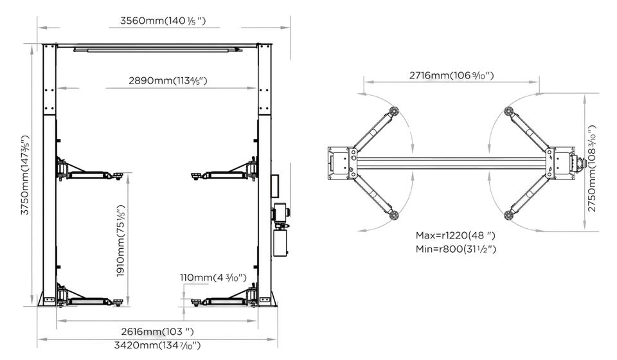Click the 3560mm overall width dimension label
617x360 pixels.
coord(163,21)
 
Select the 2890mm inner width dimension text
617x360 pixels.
coord(168,80)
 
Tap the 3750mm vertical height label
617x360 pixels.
coord(25,175)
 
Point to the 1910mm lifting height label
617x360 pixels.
coord(121,241)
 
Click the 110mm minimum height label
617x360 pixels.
coord(213,278)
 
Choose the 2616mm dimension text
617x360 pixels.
coord(157,332)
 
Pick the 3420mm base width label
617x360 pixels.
coord(157,345)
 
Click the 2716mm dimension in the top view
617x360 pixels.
coord(451,75)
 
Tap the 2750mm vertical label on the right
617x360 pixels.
coord(592,169)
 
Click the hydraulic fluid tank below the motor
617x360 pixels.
coord(281,243)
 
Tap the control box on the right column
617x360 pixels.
coord(274,186)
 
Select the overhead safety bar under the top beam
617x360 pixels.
coord(158,50)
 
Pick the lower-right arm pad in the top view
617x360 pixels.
coord(509,215)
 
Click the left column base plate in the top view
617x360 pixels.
coord(338,163)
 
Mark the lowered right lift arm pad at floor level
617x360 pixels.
coord(195,301)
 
